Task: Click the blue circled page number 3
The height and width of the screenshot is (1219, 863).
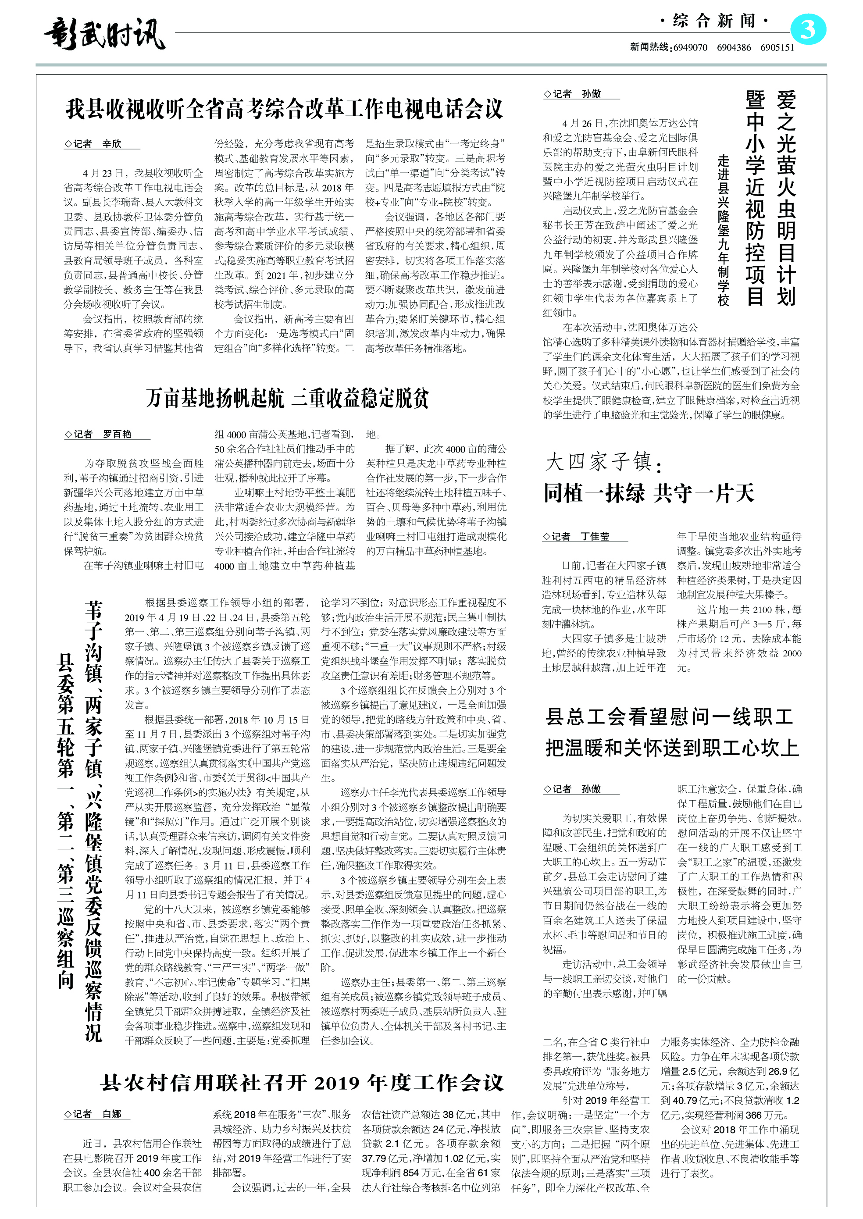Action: (808, 30)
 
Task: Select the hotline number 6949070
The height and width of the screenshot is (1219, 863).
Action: (690, 47)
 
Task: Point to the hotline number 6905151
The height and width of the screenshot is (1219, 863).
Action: (777, 47)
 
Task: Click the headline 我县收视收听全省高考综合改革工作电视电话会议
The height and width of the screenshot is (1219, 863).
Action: (284, 109)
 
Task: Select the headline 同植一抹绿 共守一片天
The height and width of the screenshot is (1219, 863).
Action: (648, 493)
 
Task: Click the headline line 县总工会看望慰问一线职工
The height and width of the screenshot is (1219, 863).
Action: (670, 717)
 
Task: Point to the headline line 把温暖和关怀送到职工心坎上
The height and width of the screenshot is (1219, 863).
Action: (672, 748)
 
